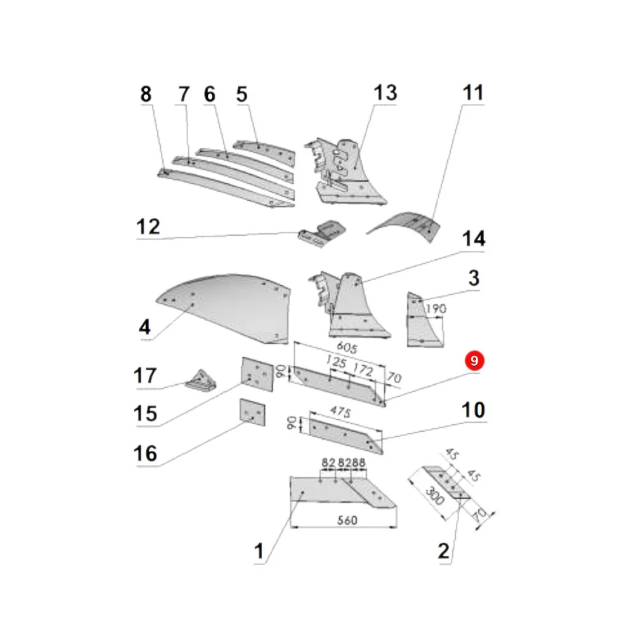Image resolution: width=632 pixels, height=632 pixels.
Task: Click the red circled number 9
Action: click(x=474, y=360)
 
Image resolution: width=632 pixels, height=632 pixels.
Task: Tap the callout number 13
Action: click(x=386, y=93)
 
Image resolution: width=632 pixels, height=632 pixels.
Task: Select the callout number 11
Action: click(x=473, y=93)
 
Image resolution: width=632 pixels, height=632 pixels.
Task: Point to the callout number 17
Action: click(x=145, y=376)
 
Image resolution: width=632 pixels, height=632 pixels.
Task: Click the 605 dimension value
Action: click(x=347, y=347)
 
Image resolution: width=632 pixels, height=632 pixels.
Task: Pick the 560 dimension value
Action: click(x=347, y=520)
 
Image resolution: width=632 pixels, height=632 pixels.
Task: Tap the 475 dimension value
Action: click(x=341, y=411)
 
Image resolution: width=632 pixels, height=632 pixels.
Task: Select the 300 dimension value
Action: click(x=435, y=496)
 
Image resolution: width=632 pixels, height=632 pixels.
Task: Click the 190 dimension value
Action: click(x=435, y=309)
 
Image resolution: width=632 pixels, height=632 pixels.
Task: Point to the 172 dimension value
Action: click(x=363, y=369)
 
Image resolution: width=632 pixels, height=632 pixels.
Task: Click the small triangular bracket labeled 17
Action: click(x=201, y=380)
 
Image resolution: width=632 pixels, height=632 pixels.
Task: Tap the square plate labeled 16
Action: click(x=252, y=412)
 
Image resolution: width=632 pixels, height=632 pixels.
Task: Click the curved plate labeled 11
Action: click(x=407, y=225)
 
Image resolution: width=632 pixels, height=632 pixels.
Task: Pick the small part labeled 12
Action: click(x=322, y=234)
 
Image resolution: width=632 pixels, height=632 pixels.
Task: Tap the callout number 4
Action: click(x=145, y=327)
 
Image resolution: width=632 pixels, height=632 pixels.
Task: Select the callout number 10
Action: click(x=473, y=410)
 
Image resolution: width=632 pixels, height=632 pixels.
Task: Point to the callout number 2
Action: click(x=443, y=551)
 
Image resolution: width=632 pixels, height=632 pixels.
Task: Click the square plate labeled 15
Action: click(x=257, y=374)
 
